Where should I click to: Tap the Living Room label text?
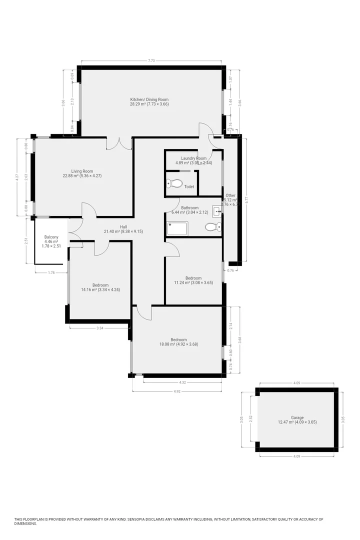[x=81, y=173]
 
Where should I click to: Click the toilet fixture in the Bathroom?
[x=212, y=227]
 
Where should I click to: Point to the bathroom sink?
[x=217, y=211]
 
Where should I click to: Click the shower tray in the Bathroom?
[x=177, y=229]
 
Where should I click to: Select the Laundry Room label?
[x=194, y=160]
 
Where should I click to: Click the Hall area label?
[x=116, y=229]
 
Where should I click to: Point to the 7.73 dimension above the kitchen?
[x=151, y=60]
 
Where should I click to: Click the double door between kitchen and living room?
[x=120, y=143]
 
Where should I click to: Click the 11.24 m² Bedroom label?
[x=193, y=280]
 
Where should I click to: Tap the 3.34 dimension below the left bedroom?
[x=99, y=328]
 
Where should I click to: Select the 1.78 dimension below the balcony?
[x=50, y=272]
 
